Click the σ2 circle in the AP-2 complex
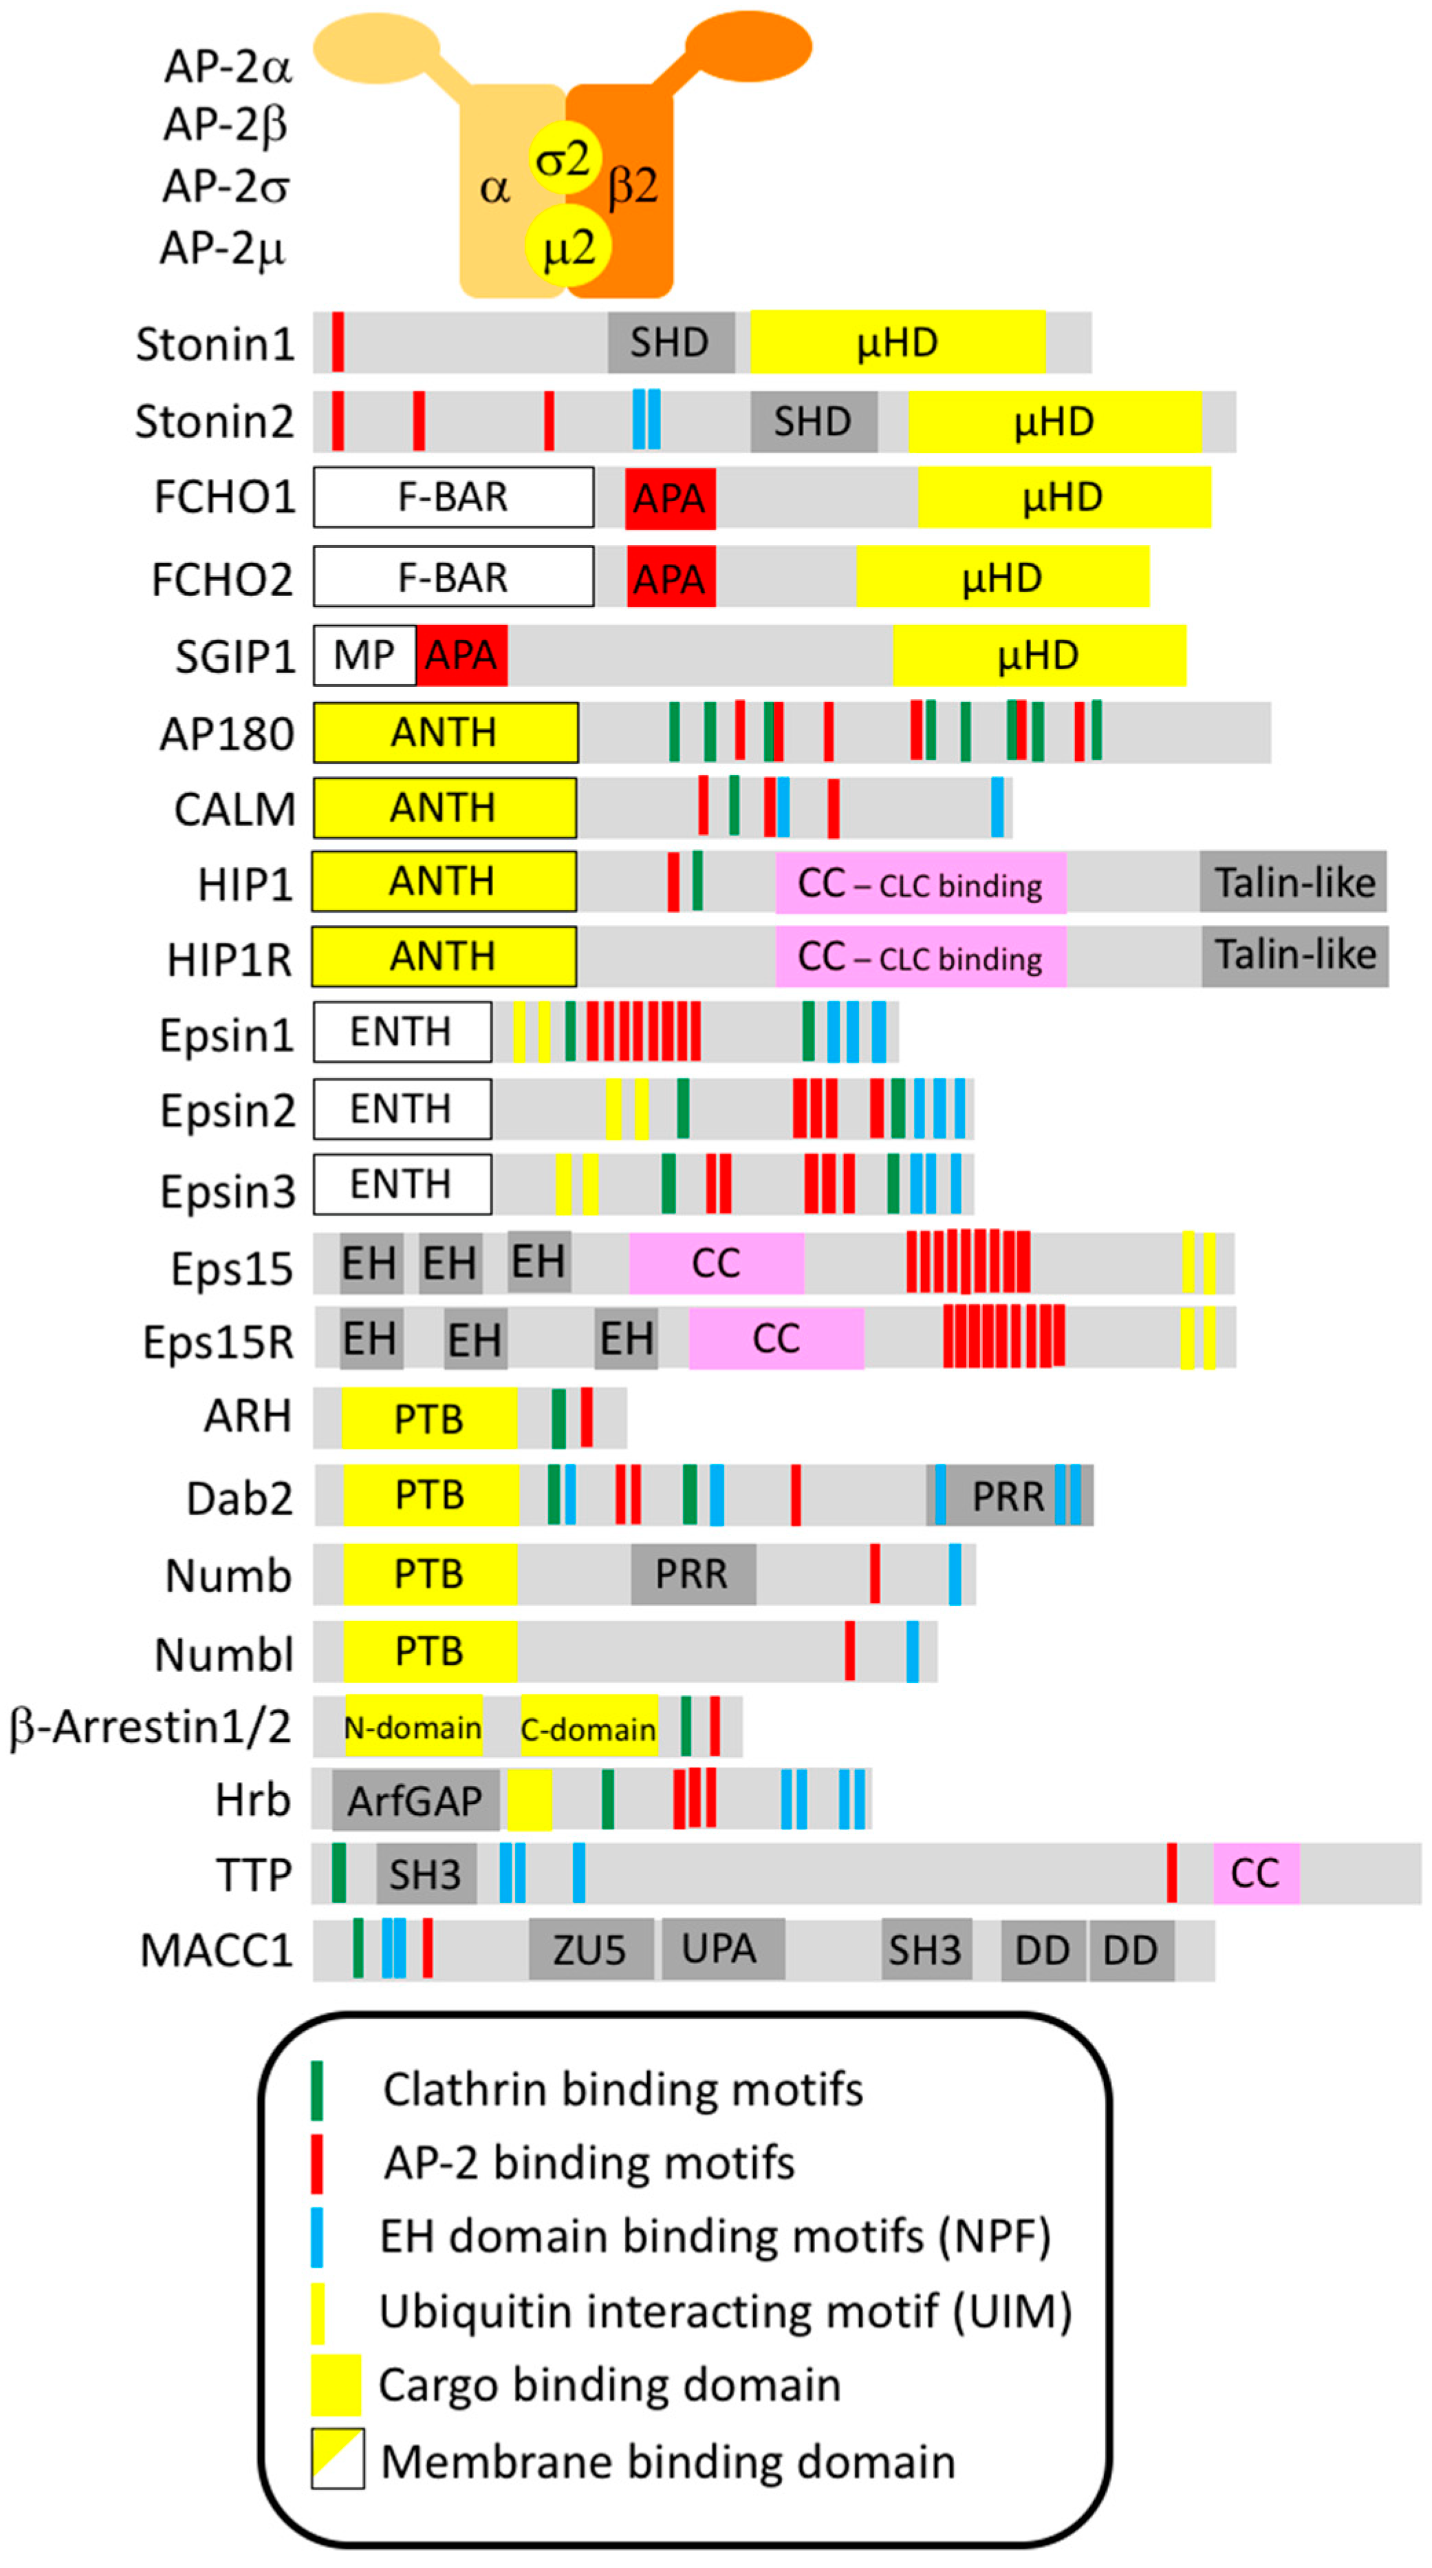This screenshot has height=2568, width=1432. pos(563,158)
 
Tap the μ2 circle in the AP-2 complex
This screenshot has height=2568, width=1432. pos(567,246)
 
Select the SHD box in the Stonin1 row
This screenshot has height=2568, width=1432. pos(671,343)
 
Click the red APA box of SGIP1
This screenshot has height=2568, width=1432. pos(462,656)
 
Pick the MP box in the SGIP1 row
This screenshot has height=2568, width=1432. pos(364,656)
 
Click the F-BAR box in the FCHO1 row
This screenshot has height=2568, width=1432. pos(453,496)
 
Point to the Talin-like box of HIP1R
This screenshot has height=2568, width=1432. pos(1294,956)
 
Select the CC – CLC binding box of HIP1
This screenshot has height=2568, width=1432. pos(920,883)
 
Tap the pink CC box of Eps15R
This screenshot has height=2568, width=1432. pos(775,1339)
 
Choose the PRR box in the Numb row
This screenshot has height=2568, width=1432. pos(693,1574)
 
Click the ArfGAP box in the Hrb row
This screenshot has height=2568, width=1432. pos(415,1801)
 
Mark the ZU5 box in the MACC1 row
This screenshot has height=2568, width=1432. pos(590,1950)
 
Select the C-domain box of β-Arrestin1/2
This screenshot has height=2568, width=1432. pos(589,1728)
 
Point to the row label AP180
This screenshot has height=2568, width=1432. pos(227,734)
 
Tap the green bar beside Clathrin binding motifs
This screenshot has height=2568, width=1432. pos(317,2090)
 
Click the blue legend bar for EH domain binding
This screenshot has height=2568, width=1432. pos(317,2237)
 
